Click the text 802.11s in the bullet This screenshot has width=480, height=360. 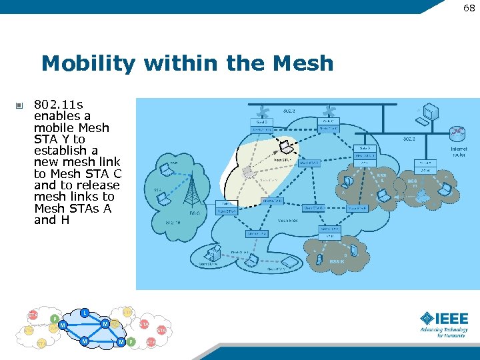click(58, 105)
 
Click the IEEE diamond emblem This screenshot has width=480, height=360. click(427, 319)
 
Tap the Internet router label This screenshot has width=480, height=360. click(459, 151)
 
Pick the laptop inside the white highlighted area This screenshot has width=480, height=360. click(285, 146)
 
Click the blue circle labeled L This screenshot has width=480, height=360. click(85, 313)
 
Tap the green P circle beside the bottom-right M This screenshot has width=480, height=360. click(131, 342)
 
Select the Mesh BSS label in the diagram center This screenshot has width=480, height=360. click(287, 219)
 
